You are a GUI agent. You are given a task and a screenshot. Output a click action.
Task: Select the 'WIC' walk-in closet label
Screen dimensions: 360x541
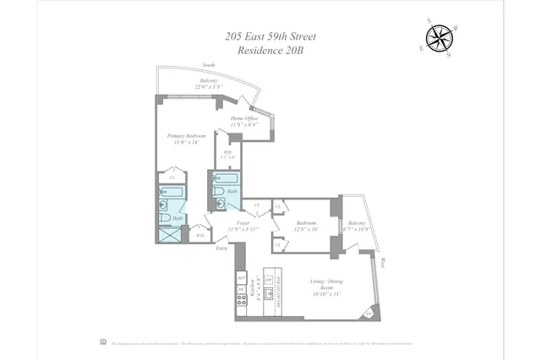(x=227, y=153)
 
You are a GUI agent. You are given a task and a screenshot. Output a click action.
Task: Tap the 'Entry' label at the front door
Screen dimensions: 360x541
(x=221, y=248)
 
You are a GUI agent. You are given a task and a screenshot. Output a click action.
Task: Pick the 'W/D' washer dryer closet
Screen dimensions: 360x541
(x=199, y=236)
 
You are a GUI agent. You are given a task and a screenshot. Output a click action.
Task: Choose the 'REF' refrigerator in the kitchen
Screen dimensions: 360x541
(x=241, y=278)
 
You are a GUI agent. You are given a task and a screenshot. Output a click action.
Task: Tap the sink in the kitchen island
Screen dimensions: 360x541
(x=270, y=293)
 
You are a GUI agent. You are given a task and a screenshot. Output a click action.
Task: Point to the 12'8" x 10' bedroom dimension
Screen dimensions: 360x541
(x=307, y=228)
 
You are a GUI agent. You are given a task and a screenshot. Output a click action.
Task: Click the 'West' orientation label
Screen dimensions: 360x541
(x=382, y=263)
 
